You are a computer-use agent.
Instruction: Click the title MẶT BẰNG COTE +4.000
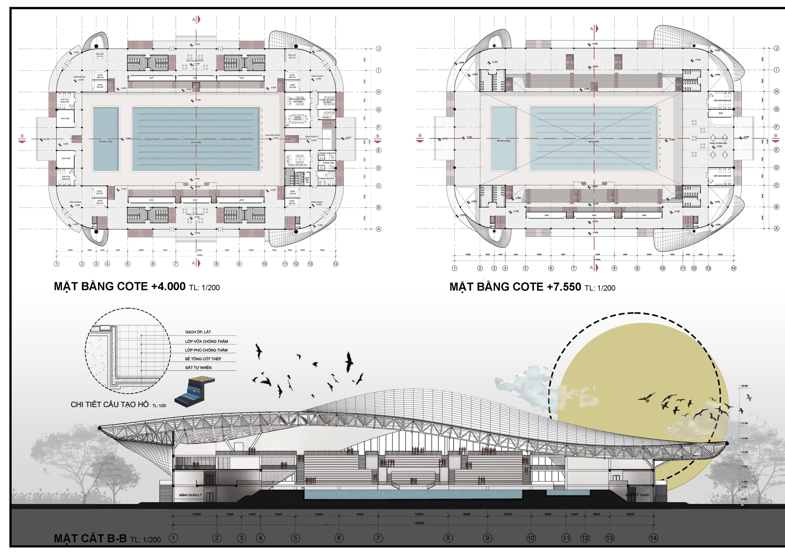[x=119, y=286]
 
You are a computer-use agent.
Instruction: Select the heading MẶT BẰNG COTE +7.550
[x=515, y=287]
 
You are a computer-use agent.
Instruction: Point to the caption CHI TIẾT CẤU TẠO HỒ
[x=109, y=404]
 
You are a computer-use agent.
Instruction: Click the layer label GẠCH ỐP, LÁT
[x=198, y=332]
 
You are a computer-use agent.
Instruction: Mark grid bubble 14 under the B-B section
[x=653, y=538]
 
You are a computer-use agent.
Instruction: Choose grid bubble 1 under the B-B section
[x=174, y=538]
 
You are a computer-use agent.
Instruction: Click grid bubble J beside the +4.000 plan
[x=378, y=49]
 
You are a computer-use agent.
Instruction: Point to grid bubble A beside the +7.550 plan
[x=776, y=228]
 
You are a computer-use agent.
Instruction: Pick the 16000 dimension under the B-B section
[x=419, y=514]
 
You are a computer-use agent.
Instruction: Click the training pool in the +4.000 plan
[x=106, y=139]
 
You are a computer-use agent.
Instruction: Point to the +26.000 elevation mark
[x=744, y=386]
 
